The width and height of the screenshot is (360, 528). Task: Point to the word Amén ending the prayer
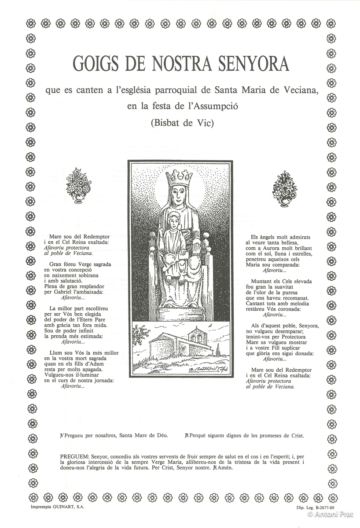click(x=224, y=469)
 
